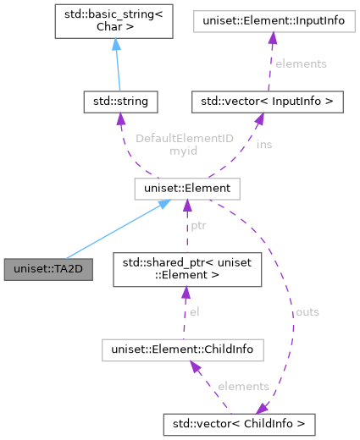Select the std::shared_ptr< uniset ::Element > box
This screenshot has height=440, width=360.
point(186,268)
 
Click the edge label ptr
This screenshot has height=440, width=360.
point(198,227)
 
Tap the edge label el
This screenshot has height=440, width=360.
point(194,311)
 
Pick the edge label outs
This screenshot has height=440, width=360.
point(307,311)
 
